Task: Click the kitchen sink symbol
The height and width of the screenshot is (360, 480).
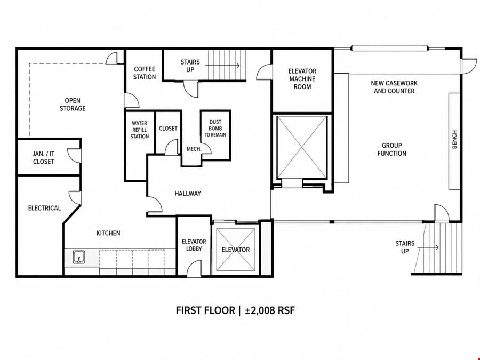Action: tap(79, 257)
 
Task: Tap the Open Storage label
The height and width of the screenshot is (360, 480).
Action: tap(73, 105)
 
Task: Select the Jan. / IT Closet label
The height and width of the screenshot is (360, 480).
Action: tap(44, 158)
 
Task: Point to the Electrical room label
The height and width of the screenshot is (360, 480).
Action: tap(44, 208)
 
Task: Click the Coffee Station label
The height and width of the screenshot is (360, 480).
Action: tap(145, 73)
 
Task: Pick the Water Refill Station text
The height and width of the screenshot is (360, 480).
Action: tap(140, 130)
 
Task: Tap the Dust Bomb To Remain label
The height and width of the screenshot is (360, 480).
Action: tap(215, 128)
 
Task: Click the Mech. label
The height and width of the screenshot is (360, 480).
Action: tap(194, 149)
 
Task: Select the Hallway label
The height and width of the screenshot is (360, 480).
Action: tap(188, 194)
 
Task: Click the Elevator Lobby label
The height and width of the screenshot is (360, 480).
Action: tap(194, 245)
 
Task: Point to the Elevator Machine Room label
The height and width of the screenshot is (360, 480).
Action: tap(302, 79)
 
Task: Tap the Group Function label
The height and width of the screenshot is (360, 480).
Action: tap(392, 149)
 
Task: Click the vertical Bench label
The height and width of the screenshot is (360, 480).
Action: tap(454, 140)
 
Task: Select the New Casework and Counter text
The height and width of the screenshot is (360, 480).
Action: tap(394, 87)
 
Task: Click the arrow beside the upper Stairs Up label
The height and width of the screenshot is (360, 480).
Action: tap(222, 66)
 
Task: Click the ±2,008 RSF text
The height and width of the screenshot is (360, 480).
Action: tap(270, 310)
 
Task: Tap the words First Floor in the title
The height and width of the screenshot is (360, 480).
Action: tap(205, 310)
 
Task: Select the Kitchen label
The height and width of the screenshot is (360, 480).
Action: tap(108, 233)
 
